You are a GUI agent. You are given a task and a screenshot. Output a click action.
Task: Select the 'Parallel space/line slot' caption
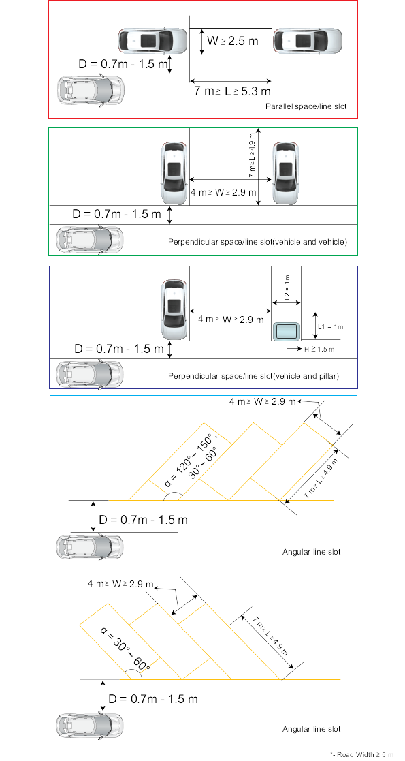(306, 106)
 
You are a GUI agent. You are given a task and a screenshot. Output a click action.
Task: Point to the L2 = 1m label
(286, 288)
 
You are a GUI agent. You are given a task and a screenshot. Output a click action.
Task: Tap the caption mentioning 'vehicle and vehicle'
(257, 241)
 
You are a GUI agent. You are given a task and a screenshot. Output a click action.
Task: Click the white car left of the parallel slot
(152, 41)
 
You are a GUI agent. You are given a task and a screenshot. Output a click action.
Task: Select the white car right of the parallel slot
(308, 41)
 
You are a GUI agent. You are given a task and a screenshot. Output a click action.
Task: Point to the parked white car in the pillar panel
(174, 309)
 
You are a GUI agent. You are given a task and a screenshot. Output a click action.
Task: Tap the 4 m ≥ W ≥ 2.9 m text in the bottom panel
(120, 584)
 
